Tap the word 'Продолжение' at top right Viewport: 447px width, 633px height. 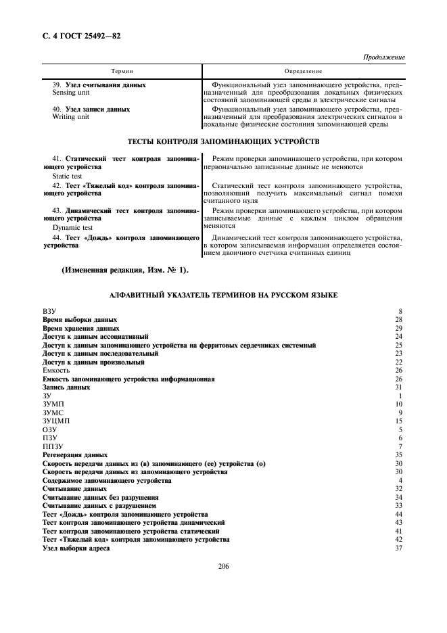click(x=384, y=57)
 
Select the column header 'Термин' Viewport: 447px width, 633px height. click(x=122, y=71)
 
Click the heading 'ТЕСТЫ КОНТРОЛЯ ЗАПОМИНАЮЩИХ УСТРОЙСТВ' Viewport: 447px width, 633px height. click(x=223, y=142)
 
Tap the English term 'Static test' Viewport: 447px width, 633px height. click(x=67, y=175)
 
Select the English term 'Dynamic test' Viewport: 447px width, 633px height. click(x=70, y=228)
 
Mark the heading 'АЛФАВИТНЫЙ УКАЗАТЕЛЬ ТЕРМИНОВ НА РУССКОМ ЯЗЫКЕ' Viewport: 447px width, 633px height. click(x=223, y=296)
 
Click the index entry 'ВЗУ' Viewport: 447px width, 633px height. click(x=49, y=311)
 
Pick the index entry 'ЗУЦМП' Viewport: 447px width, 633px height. click(x=56, y=421)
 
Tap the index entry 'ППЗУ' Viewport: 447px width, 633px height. click(x=52, y=446)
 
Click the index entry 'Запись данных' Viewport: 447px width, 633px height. click(x=66, y=388)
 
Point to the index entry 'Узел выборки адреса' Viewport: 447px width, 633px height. click(x=76, y=548)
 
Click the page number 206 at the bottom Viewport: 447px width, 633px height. click(x=225, y=567)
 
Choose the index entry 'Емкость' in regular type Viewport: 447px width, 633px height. click(x=55, y=371)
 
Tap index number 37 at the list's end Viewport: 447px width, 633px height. click(x=399, y=548)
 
